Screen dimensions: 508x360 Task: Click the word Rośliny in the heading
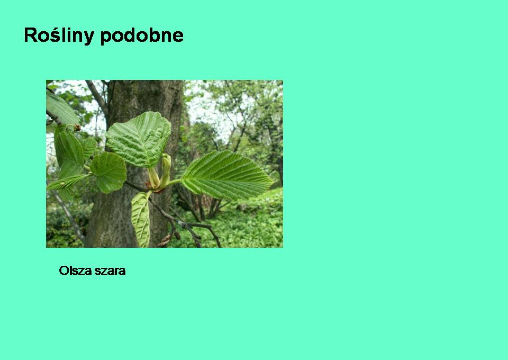[x=59, y=35]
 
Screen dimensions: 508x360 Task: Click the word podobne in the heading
[x=142, y=35]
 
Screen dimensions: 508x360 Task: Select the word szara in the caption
[x=109, y=271]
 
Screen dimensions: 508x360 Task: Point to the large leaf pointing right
[x=227, y=175]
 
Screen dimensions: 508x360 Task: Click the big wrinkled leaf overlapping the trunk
[x=139, y=139]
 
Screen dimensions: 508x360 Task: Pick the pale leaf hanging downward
[x=141, y=219]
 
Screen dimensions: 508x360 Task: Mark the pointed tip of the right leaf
[x=274, y=182]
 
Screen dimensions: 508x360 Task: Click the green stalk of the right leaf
[x=174, y=183]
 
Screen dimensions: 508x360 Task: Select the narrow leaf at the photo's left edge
[x=66, y=182]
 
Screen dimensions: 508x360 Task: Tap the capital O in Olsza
[x=63, y=271]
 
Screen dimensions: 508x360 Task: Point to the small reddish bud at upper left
[x=77, y=128]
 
